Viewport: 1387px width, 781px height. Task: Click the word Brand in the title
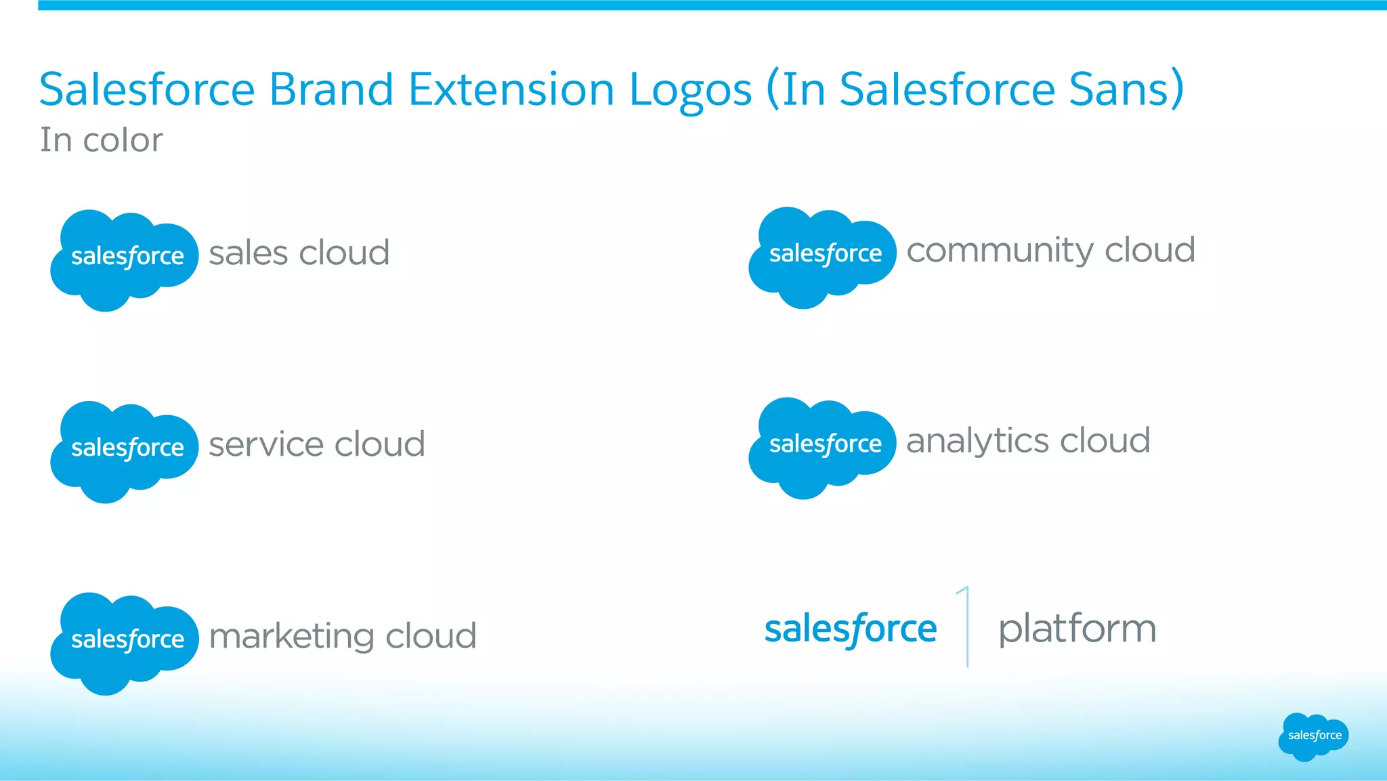pos(331,89)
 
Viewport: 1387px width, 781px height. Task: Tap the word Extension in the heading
pos(511,89)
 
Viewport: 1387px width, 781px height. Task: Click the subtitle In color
pos(102,140)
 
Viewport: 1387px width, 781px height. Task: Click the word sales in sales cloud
pos(249,253)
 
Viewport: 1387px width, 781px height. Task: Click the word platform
pos(1077,629)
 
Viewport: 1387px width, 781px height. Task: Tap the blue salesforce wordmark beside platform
pos(851,629)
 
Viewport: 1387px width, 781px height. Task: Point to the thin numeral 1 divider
pos(966,627)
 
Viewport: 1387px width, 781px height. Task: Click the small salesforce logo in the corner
pos(1313,736)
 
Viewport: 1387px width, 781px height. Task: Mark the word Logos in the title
pos(690,90)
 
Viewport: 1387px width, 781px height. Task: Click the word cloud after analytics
pos(1105,441)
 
